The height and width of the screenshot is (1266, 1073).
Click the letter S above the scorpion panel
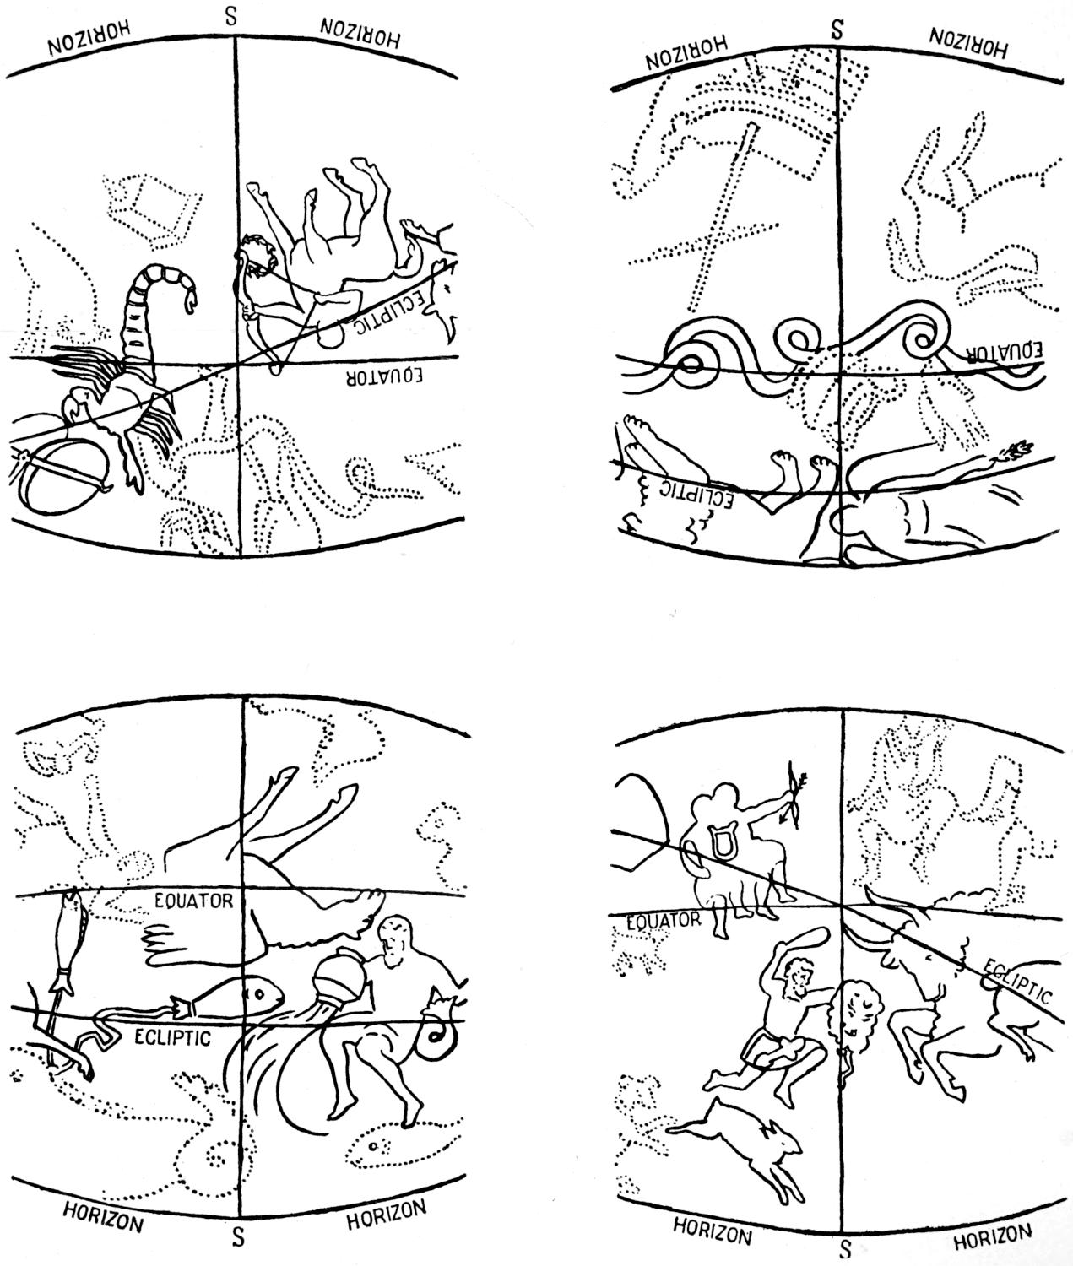coord(230,17)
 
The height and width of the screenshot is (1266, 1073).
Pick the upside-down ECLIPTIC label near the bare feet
coord(696,493)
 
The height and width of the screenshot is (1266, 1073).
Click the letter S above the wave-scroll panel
coord(837,30)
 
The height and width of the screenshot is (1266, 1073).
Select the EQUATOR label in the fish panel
coord(193,901)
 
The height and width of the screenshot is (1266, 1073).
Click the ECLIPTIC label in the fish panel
coord(172,1037)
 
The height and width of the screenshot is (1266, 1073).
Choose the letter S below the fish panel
coord(238,1233)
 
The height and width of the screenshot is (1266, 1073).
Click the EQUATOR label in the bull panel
coord(664,921)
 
